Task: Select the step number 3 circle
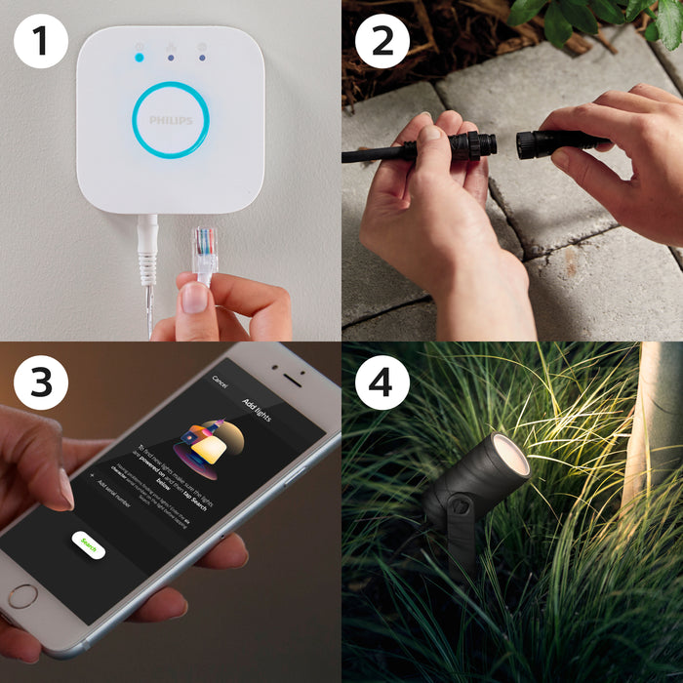click(x=41, y=382)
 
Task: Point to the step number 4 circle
click(x=382, y=382)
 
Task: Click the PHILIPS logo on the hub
click(x=171, y=120)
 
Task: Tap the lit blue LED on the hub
click(x=140, y=58)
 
